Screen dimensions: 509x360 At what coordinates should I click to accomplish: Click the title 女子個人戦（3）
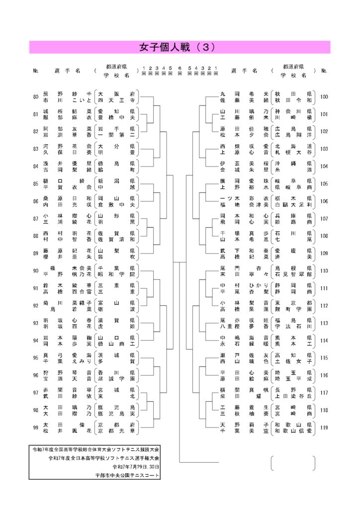click(x=180, y=47)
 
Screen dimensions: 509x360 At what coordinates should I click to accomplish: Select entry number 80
click(x=35, y=96)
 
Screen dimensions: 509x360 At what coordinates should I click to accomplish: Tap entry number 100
click(x=324, y=96)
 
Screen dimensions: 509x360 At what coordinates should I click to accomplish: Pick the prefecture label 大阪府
click(x=116, y=93)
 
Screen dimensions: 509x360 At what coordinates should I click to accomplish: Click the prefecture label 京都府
click(x=116, y=424)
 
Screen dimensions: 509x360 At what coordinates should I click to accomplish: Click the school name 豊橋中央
click(x=116, y=118)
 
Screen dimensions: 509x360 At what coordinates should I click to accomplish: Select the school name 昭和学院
click(x=116, y=274)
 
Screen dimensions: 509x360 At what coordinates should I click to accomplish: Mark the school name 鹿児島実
click(x=116, y=413)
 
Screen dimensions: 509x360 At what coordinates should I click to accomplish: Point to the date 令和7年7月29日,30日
click(x=136, y=467)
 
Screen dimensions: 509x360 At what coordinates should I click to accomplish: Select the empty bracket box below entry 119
click(x=293, y=463)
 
